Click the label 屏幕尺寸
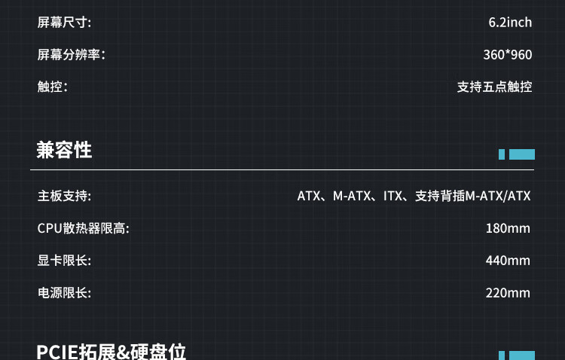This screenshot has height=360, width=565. tap(64, 23)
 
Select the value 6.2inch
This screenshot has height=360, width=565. tap(510, 23)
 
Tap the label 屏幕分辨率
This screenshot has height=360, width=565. tap(72, 55)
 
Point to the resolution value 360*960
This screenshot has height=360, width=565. tap(507, 55)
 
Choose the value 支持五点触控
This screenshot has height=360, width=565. tap(494, 87)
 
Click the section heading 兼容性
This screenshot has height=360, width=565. tap(64, 150)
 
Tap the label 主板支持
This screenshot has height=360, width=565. tap(64, 197)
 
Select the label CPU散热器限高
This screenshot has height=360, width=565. tap(83, 228)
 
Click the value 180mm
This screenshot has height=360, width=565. tap(508, 228)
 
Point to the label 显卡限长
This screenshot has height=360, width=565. tap(64, 261)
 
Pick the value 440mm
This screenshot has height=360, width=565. tap(508, 261)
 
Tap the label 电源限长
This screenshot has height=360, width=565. tap(64, 293)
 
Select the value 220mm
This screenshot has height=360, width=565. tap(508, 293)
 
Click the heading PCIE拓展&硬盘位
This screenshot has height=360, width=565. tap(111, 352)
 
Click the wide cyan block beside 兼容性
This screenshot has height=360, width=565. tap(522, 154)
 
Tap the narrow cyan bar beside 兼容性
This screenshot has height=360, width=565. tap(502, 154)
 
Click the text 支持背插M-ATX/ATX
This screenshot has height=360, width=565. tap(473, 197)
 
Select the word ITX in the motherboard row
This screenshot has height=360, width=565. tap(392, 197)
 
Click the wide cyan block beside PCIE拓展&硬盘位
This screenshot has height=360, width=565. tap(522, 355)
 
